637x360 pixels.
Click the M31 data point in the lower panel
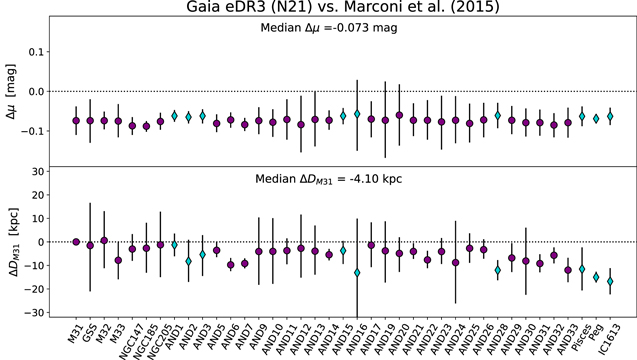coord(76,242)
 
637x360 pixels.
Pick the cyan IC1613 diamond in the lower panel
coord(610,281)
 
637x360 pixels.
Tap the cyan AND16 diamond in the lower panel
coord(357,272)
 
